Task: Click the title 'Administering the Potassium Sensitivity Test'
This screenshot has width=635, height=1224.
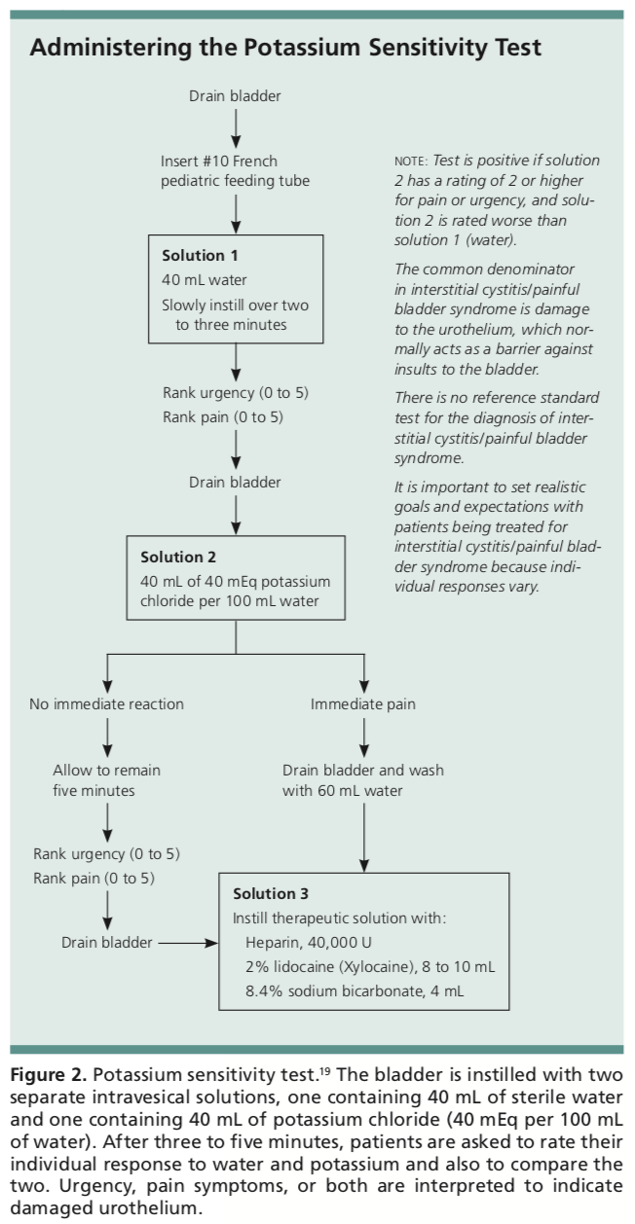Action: pos(285,48)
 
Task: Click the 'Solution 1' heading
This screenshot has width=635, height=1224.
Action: pos(200,255)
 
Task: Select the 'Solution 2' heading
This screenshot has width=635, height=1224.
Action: pos(178,557)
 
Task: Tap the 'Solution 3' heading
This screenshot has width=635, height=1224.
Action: pos(271,893)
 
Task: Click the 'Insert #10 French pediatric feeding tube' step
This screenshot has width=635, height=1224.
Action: pos(235,171)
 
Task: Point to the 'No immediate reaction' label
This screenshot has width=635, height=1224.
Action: pos(107,703)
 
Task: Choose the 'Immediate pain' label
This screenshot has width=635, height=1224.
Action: pos(363,703)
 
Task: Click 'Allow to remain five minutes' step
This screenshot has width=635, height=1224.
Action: pos(107,780)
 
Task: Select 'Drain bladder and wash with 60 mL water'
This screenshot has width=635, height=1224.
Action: pos(363,780)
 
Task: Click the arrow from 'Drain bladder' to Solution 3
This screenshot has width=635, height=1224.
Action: pos(188,943)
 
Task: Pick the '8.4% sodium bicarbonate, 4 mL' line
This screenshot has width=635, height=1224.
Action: pos(355,990)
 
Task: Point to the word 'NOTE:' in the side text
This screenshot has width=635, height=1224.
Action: pos(411,162)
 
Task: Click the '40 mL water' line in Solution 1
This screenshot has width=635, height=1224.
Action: pos(204,280)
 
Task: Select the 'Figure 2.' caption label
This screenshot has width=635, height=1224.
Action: pos(49,1075)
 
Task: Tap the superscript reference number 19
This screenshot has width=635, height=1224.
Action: pos(325,1071)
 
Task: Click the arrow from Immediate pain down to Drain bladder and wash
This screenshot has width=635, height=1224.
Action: pos(364,738)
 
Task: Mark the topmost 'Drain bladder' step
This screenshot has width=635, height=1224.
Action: pos(235,96)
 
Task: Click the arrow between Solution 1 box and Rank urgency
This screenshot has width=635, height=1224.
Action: pos(236,362)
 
